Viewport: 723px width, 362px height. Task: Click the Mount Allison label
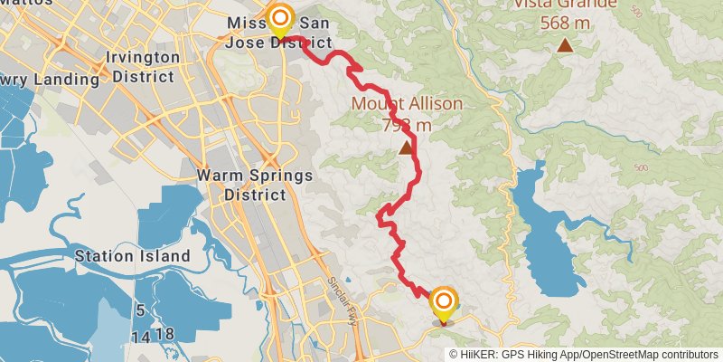point(407,103)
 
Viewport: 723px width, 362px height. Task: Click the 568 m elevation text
point(566,23)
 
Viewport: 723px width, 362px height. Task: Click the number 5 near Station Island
point(140,311)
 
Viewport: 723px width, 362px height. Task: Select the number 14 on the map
point(140,336)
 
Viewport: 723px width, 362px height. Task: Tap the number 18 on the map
point(164,335)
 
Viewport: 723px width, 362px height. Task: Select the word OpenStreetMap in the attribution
point(620,354)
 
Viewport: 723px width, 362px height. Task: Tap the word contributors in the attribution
point(687,354)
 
